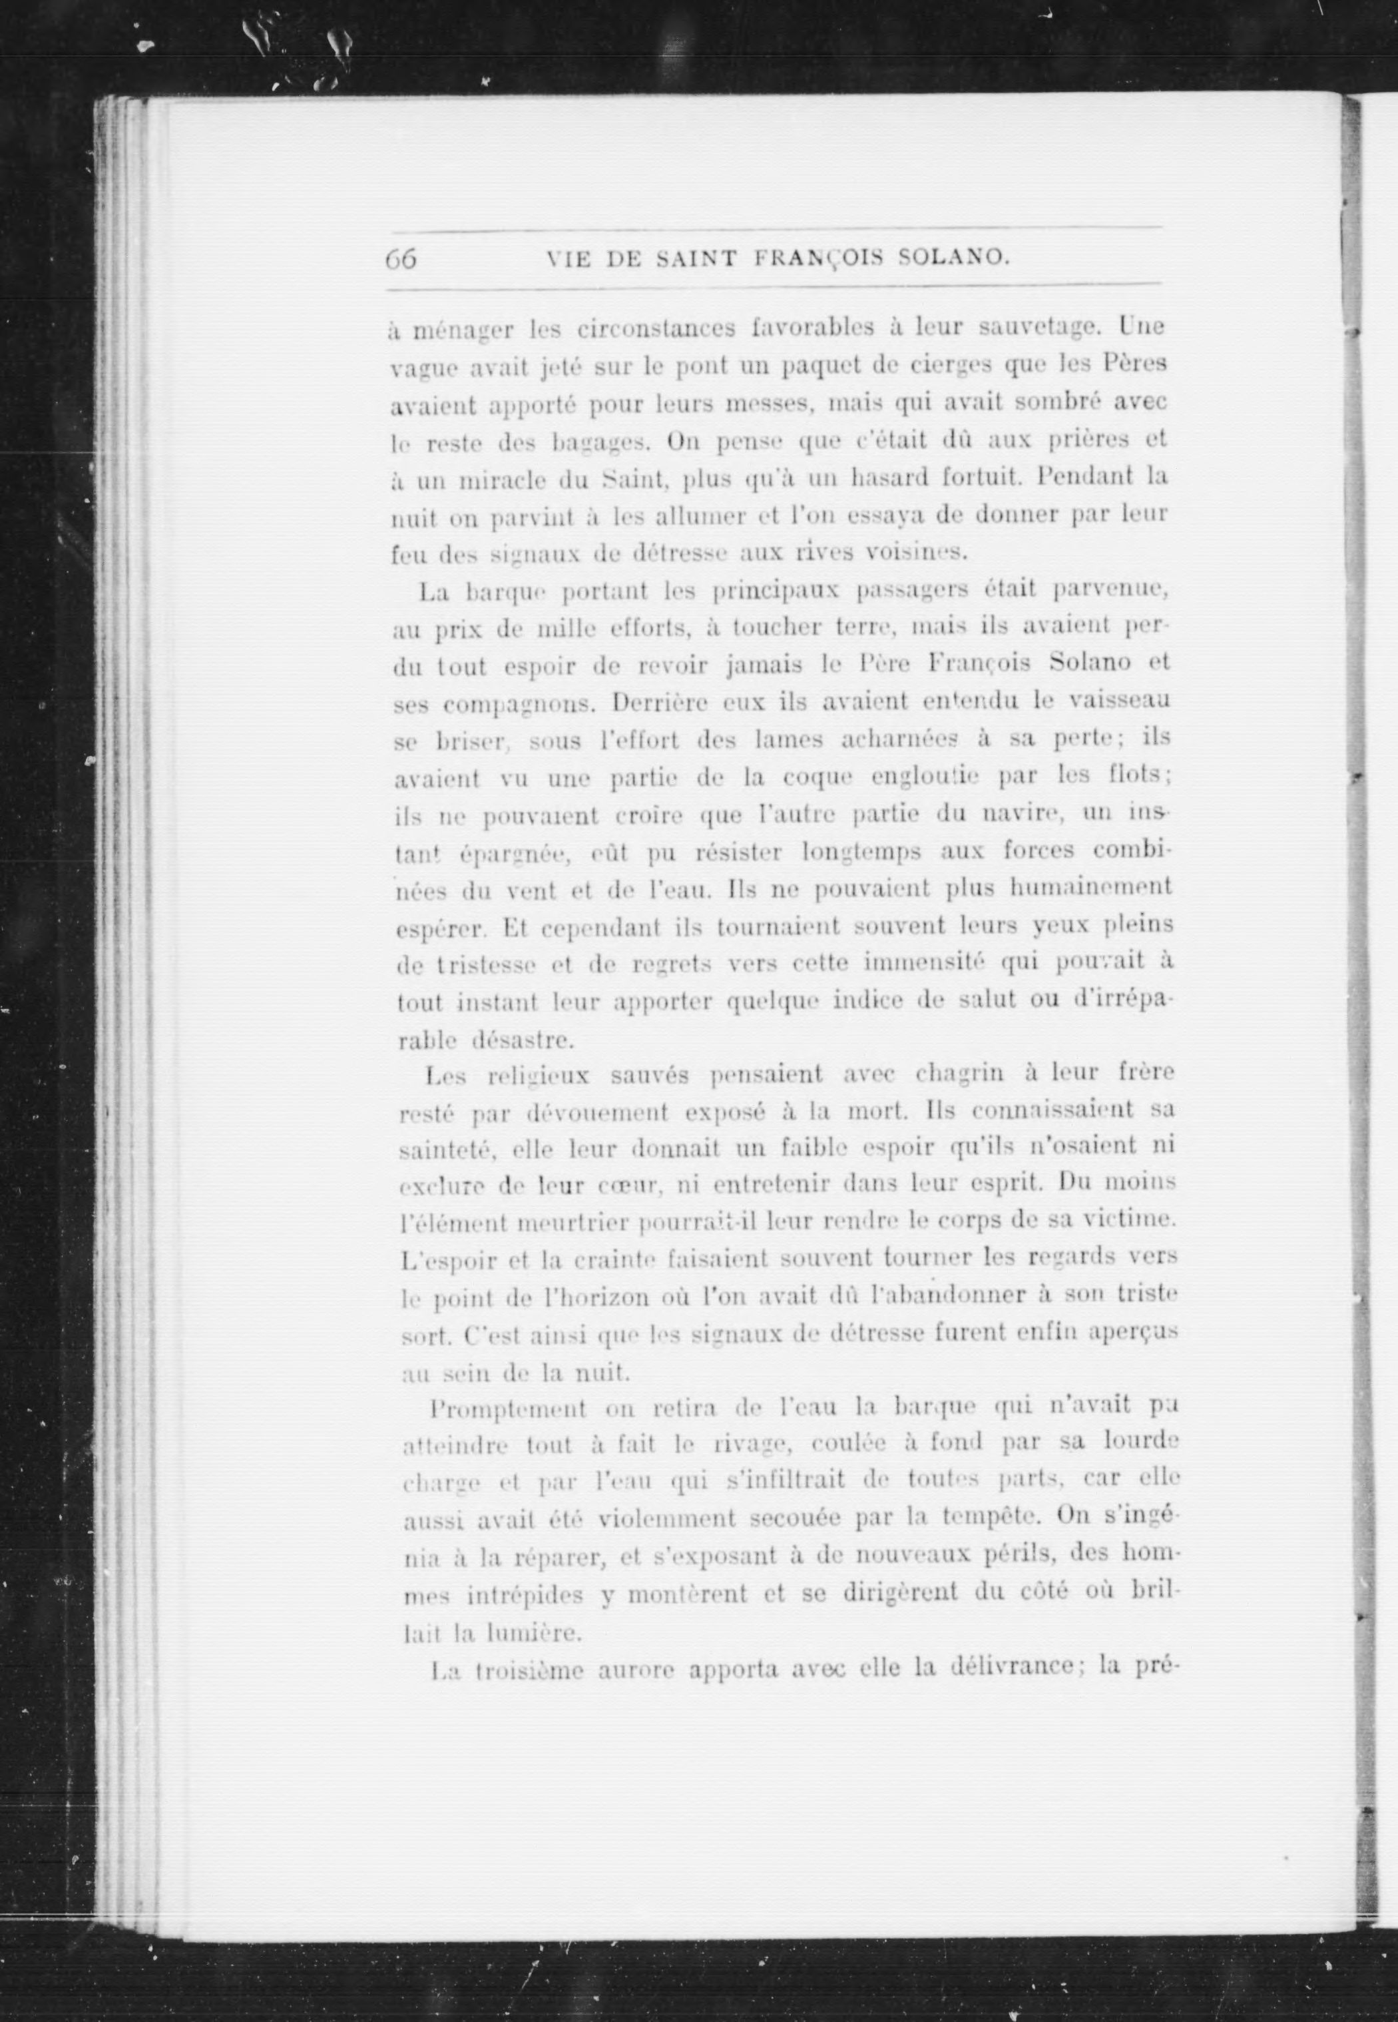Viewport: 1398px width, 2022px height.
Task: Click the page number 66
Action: pyautogui.click(x=400, y=258)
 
